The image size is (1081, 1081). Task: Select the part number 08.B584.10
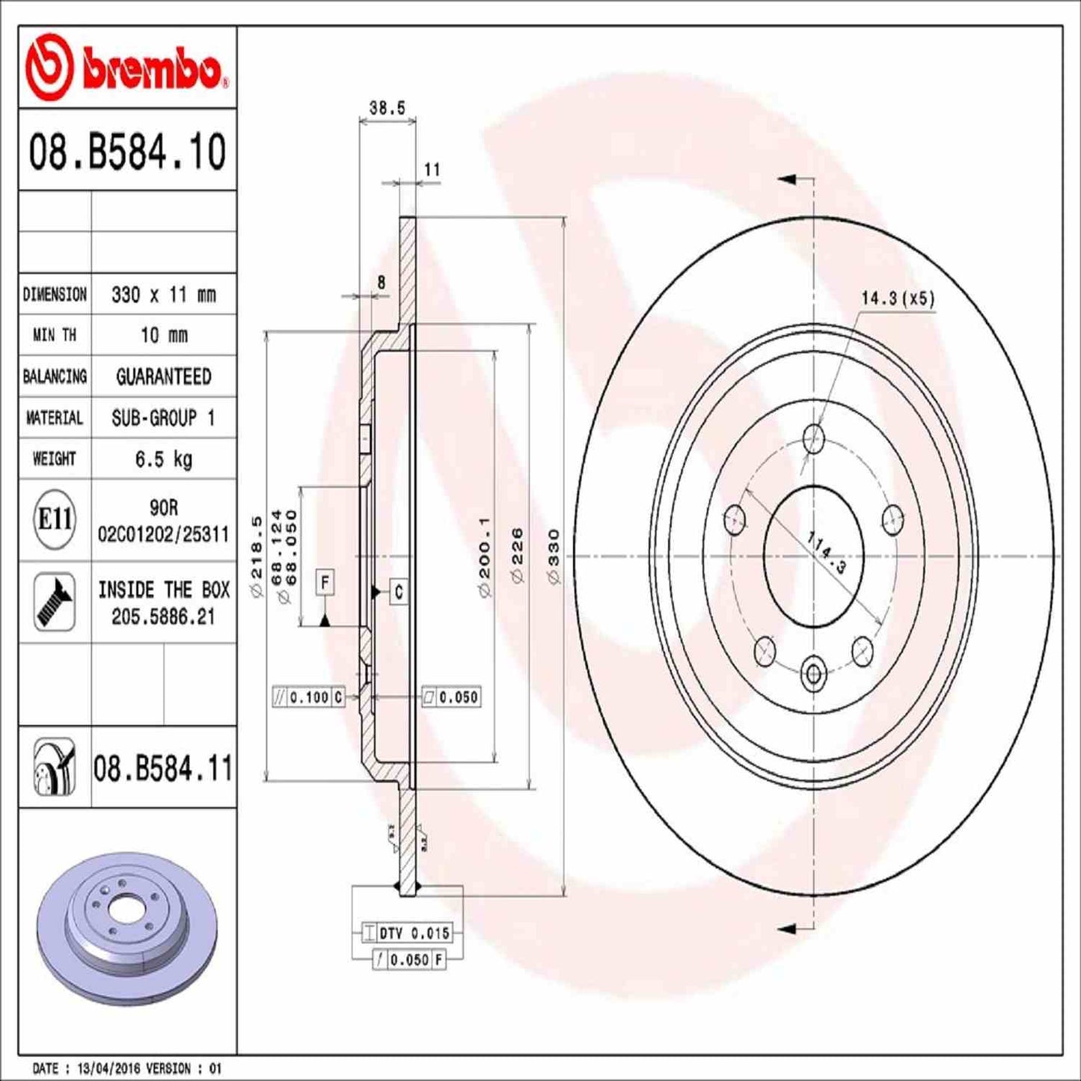point(127,152)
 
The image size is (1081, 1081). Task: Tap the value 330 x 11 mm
point(163,295)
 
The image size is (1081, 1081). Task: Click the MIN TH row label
point(54,335)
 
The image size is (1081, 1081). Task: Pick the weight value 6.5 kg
point(163,459)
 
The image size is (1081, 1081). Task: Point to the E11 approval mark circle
point(55,519)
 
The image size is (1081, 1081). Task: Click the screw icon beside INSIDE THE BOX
point(55,602)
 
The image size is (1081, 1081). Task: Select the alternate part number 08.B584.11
point(163,768)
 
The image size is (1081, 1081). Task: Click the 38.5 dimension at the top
point(387,108)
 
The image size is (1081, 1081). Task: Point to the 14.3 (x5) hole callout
point(897,298)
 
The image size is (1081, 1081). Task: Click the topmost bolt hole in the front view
point(813,438)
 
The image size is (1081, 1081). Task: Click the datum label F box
point(325,582)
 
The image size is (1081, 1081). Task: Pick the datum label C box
point(398,592)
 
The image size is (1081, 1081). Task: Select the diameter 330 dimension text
point(554,556)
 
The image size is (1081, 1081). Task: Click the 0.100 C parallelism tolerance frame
point(308,697)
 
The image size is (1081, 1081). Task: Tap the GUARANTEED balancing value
point(163,376)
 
